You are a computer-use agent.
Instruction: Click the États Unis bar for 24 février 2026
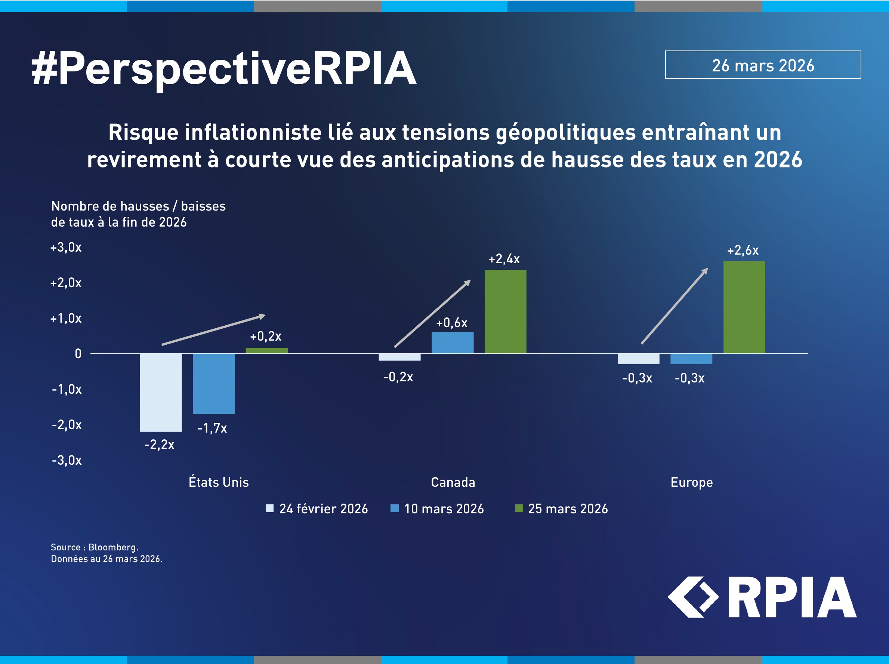point(161,392)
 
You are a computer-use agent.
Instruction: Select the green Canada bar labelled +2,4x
point(505,311)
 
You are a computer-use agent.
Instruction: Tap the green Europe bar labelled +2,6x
point(744,307)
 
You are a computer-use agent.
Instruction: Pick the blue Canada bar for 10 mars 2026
point(452,342)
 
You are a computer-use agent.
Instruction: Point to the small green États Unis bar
point(266,350)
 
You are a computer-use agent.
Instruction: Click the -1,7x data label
point(212,428)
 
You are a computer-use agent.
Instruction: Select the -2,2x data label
point(160,445)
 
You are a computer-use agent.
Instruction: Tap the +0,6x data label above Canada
point(452,323)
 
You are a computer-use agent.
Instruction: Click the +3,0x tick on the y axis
point(66,247)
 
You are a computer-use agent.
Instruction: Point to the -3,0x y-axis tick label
point(67,460)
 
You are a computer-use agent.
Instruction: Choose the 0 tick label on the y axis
point(78,354)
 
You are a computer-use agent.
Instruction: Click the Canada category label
point(453,482)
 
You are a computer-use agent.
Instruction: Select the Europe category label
point(691,482)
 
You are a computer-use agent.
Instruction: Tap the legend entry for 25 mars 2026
point(562,509)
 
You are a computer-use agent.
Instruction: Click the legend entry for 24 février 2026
point(317,509)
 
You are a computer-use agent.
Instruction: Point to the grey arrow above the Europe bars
point(675,306)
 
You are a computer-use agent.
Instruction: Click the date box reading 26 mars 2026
point(763,65)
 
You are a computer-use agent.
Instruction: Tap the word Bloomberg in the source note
point(113,547)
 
